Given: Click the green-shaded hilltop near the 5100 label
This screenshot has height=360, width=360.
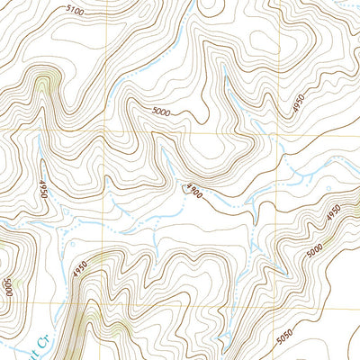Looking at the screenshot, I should (41, 85).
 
